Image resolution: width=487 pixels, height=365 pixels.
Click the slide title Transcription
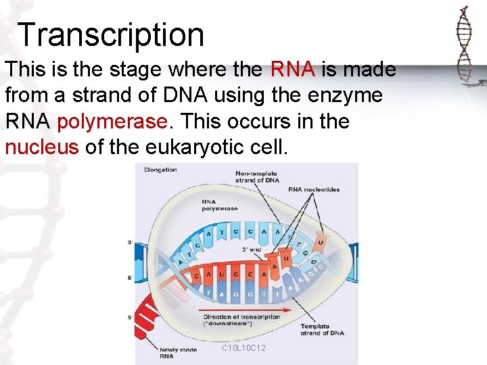click(111, 34)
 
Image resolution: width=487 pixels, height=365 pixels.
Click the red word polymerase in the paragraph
click(112, 122)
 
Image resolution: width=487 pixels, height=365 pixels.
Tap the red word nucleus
click(42, 147)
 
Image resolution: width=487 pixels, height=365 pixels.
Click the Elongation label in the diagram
click(160, 170)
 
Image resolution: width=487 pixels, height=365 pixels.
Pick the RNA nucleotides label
click(314, 190)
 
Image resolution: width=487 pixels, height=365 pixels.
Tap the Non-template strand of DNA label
click(256, 178)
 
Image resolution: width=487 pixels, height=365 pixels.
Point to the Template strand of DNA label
click(322, 329)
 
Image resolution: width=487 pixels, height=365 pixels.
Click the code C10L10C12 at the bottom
click(243, 348)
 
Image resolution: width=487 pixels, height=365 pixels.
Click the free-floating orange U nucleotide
click(319, 242)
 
